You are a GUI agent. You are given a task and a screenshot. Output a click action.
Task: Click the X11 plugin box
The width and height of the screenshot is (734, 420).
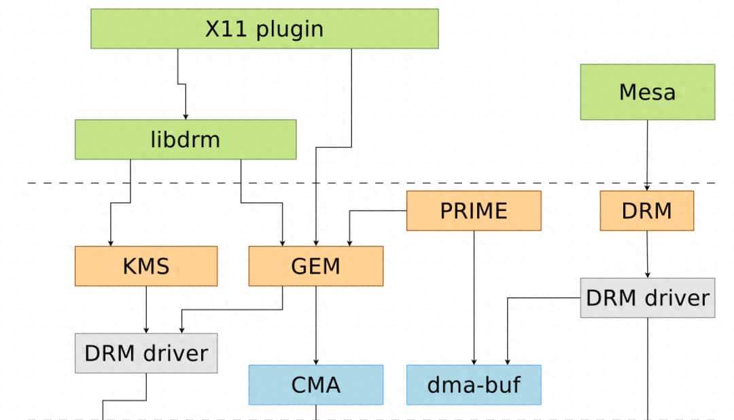pyautogui.click(x=264, y=29)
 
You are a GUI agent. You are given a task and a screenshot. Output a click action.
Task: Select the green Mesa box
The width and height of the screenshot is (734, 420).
pyautogui.click(x=647, y=92)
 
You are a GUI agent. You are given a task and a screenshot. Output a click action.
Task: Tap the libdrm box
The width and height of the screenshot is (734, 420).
pyautogui.click(x=186, y=140)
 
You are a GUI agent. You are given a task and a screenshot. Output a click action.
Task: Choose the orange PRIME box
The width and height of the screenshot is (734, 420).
pyautogui.click(x=474, y=210)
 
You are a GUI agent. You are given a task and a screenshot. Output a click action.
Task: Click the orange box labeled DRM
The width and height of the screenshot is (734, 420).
pyautogui.click(x=646, y=210)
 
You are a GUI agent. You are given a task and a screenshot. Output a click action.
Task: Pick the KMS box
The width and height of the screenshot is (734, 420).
pyautogui.click(x=146, y=266)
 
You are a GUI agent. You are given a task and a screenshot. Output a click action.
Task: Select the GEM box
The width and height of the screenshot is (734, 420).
pyautogui.click(x=315, y=266)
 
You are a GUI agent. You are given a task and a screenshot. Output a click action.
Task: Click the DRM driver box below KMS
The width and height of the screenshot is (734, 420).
pyautogui.click(x=146, y=353)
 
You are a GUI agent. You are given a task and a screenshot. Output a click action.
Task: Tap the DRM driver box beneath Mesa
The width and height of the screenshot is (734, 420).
pyautogui.click(x=647, y=297)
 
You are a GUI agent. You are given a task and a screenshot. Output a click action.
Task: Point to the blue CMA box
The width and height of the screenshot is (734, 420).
pyautogui.click(x=315, y=385)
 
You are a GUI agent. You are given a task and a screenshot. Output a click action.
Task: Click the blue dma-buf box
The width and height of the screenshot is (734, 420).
pyautogui.click(x=474, y=385)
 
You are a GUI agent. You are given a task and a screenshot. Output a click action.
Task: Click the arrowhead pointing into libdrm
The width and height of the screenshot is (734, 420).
pyautogui.click(x=186, y=116)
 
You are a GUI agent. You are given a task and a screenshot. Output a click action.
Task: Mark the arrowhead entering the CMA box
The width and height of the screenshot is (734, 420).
pyautogui.click(x=316, y=361)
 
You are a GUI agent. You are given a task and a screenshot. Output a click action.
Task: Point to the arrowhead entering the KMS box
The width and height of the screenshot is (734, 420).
pyautogui.click(x=109, y=242)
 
